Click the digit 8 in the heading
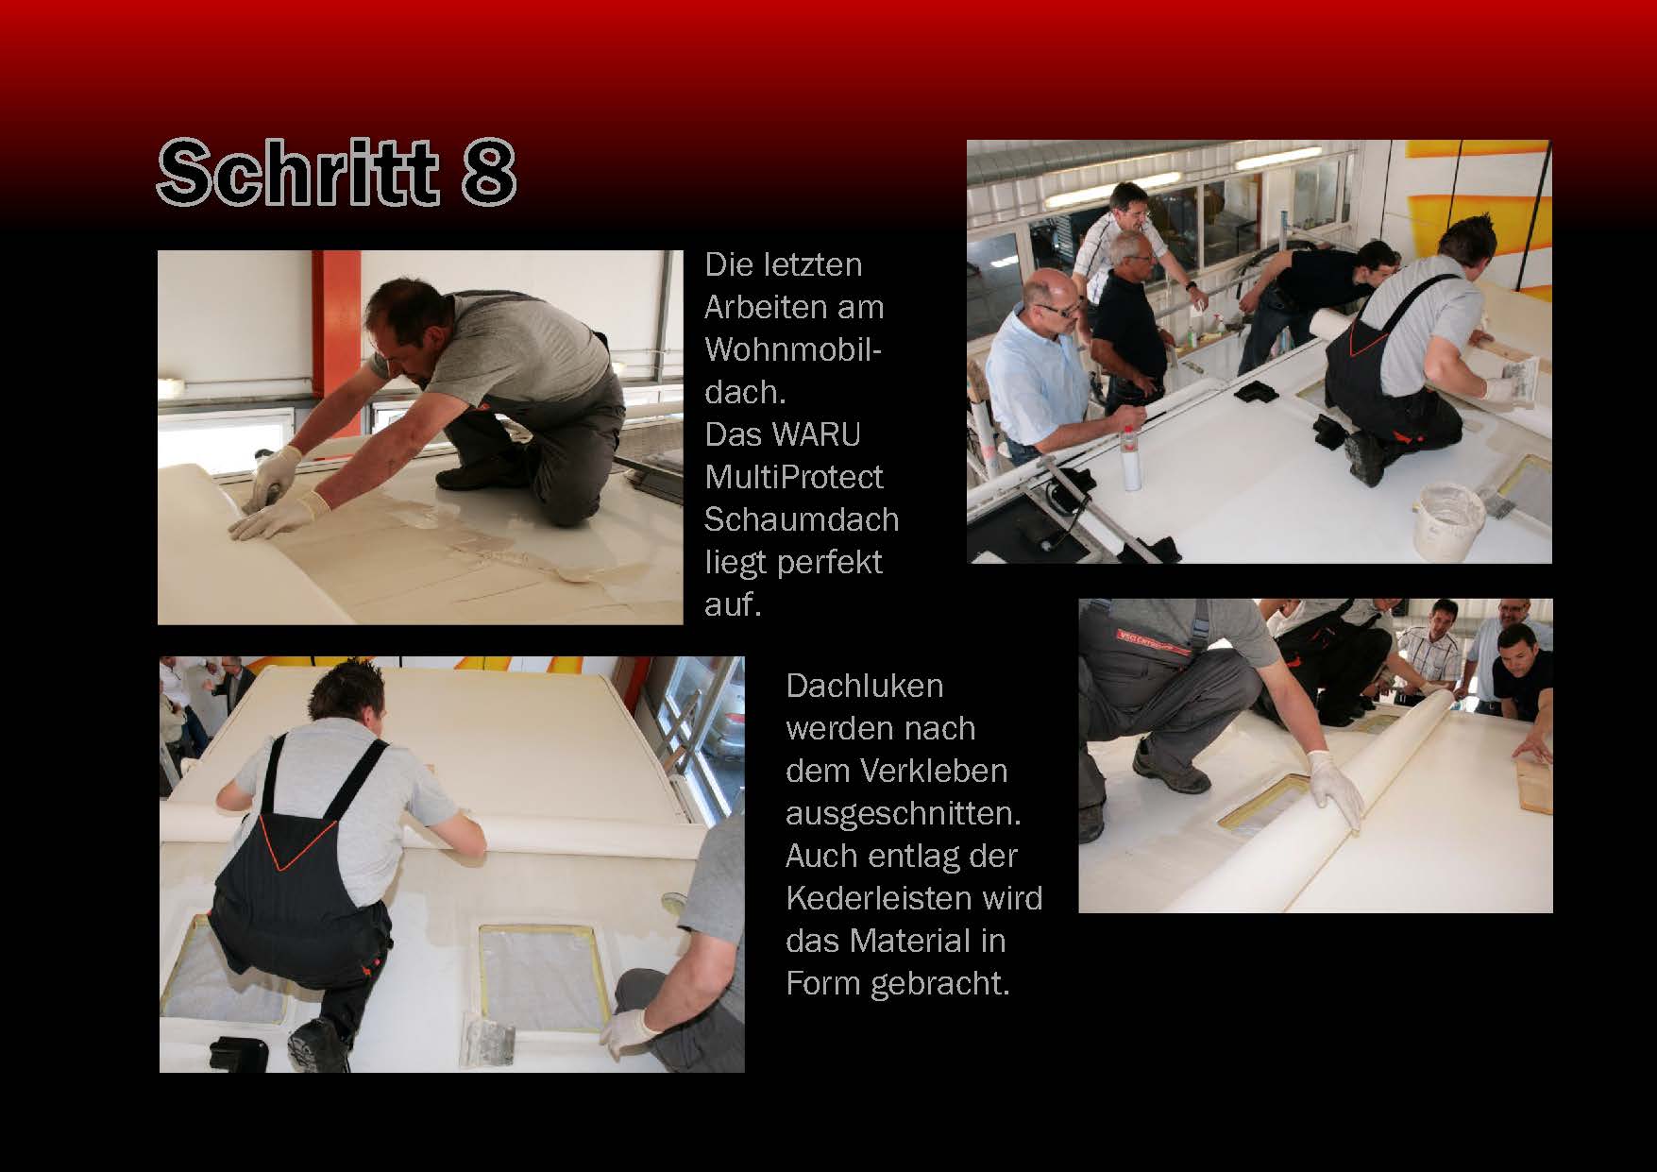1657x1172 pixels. click(488, 174)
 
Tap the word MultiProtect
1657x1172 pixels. click(794, 477)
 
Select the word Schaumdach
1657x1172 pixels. click(802, 519)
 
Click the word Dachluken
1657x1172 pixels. click(865, 685)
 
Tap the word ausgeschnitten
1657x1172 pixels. click(904, 813)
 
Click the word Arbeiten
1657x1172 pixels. click(794, 307)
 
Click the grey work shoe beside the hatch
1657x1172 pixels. click(1169, 770)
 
